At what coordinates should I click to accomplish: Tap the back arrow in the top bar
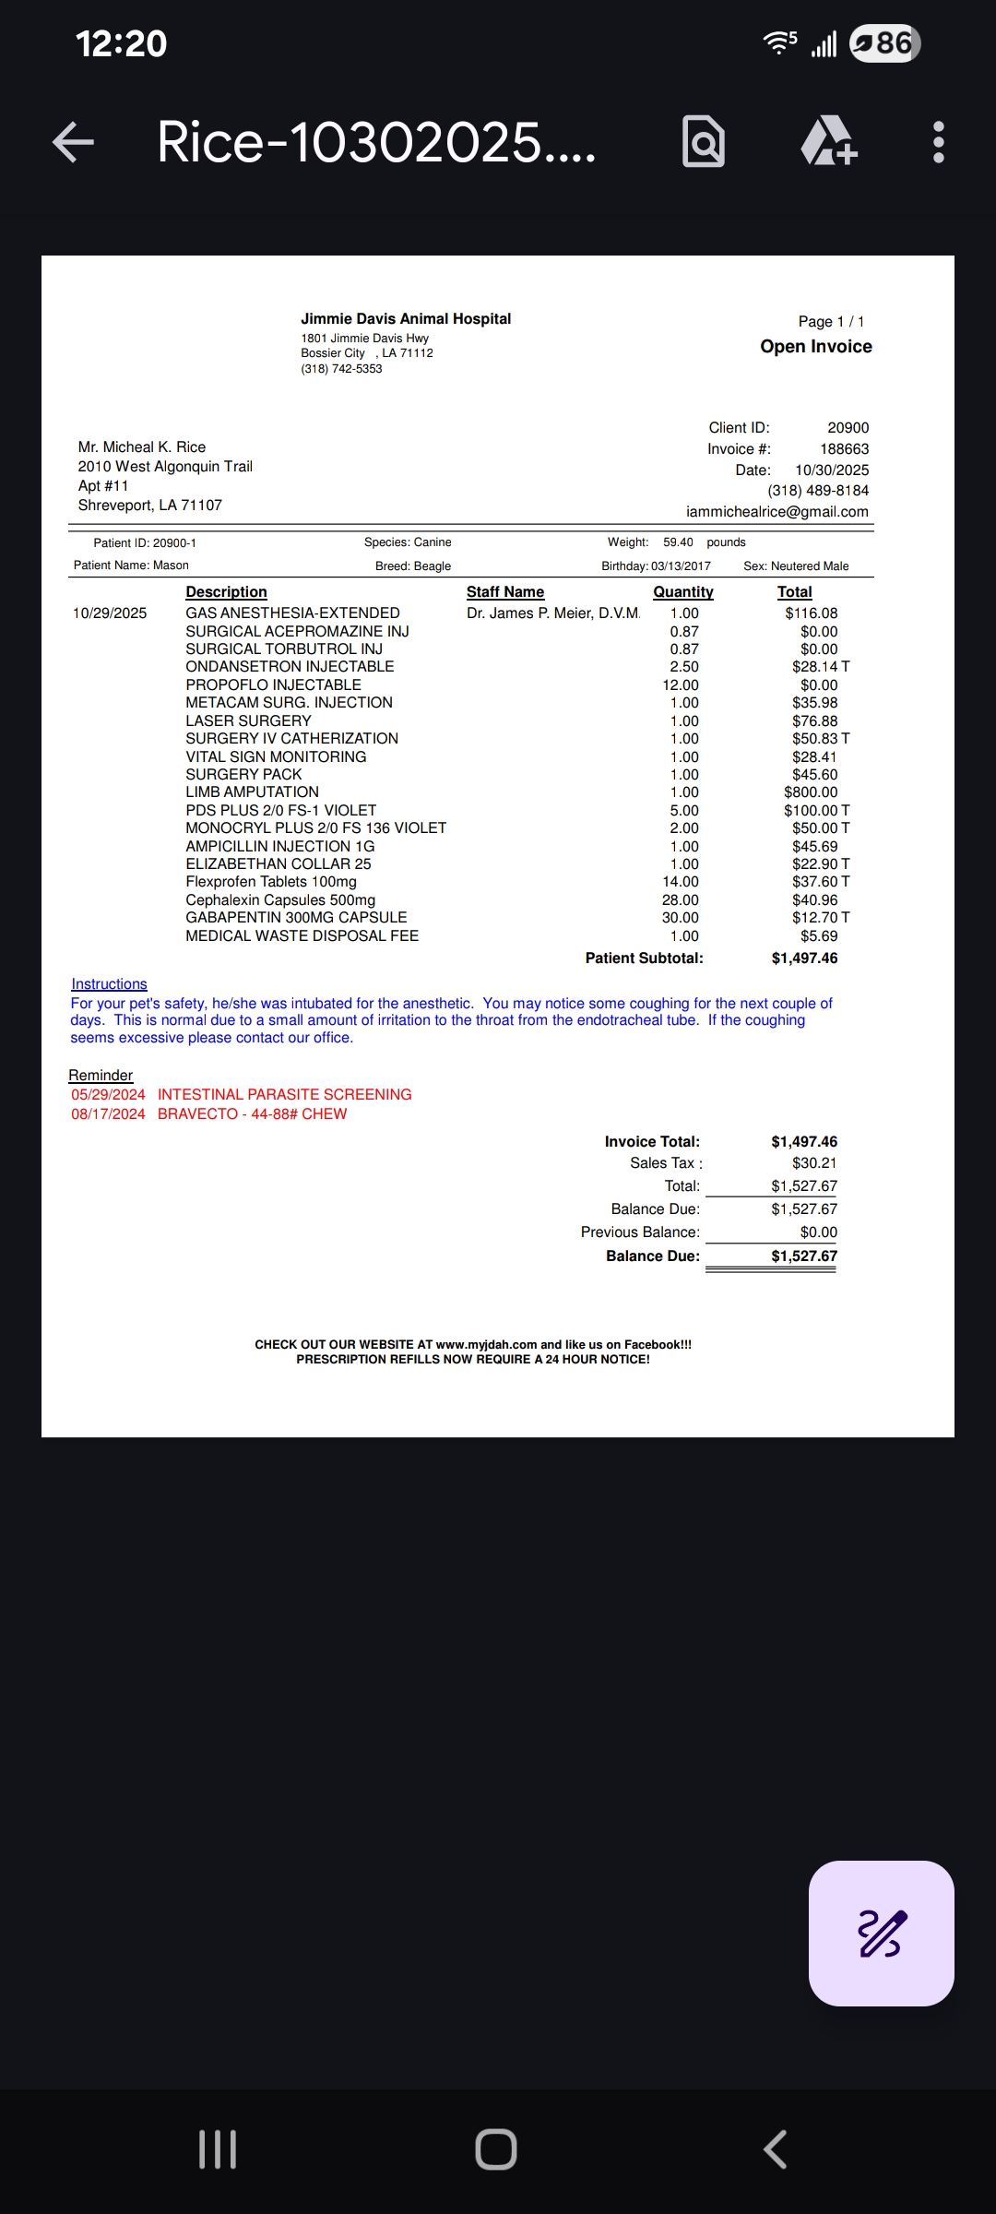point(74,142)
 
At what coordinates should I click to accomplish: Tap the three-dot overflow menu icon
point(938,142)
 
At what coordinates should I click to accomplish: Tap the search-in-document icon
point(703,142)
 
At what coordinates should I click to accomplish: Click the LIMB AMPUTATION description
point(252,792)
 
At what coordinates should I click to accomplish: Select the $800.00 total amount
point(811,792)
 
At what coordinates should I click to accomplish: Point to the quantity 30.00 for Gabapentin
point(680,918)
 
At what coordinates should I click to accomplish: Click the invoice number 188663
point(844,449)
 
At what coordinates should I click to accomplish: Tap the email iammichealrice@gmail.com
point(777,512)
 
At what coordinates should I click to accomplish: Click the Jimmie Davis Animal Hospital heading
point(405,319)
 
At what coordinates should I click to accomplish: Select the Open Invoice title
point(815,347)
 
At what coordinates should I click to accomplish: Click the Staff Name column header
point(504,592)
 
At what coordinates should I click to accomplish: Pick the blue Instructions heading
point(109,984)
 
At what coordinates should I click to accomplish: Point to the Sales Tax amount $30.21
point(813,1163)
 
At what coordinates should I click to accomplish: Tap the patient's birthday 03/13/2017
point(681,566)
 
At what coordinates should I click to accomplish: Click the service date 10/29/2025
point(110,613)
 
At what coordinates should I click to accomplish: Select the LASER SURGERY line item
point(248,721)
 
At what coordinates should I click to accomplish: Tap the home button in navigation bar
point(496,2149)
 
